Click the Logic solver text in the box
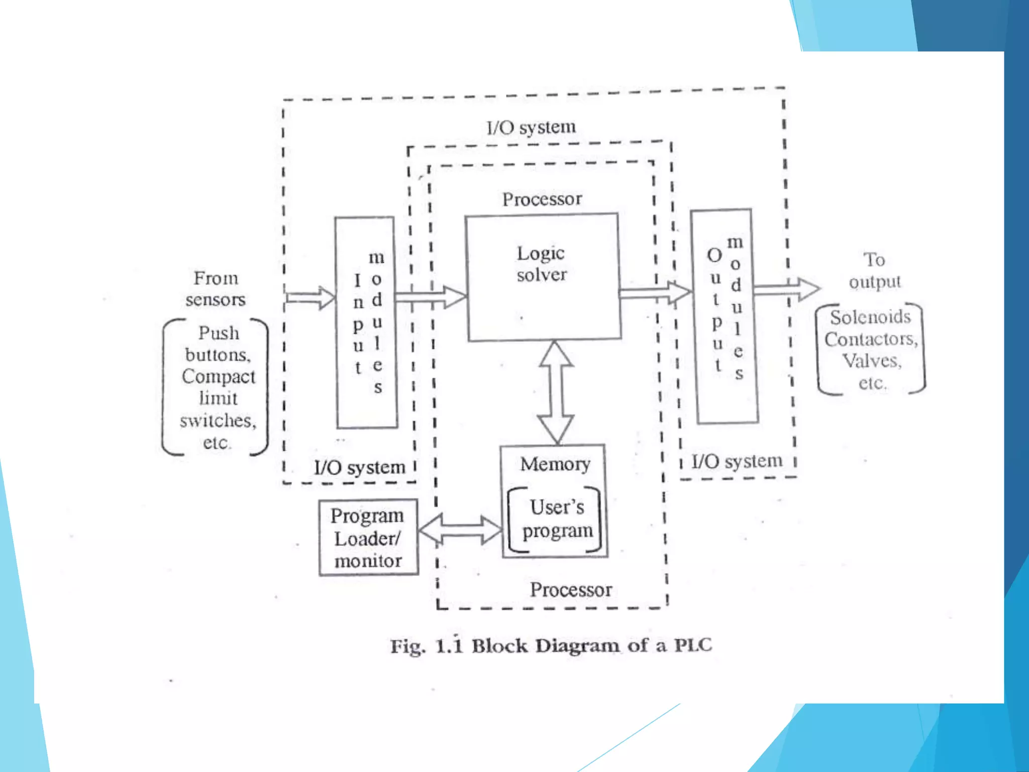pos(541,264)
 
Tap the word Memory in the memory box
pos(555,463)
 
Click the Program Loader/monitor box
pos(368,538)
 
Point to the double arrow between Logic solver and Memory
pos(556,393)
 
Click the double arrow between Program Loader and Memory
pos(460,529)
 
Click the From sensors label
pos(216,288)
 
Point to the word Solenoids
pos(870,317)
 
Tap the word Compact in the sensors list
pos(218,376)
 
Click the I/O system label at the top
pos(531,127)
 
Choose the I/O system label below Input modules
pos(360,467)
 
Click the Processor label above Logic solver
pos(542,199)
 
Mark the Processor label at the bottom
pos(571,589)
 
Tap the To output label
pos(874,271)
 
